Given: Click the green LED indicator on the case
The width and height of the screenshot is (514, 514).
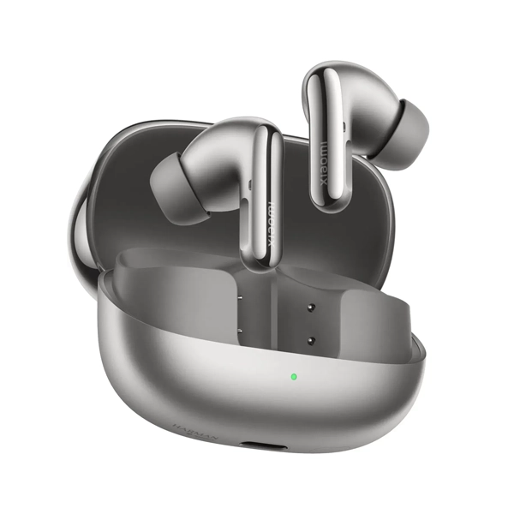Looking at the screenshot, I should coord(294,375).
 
